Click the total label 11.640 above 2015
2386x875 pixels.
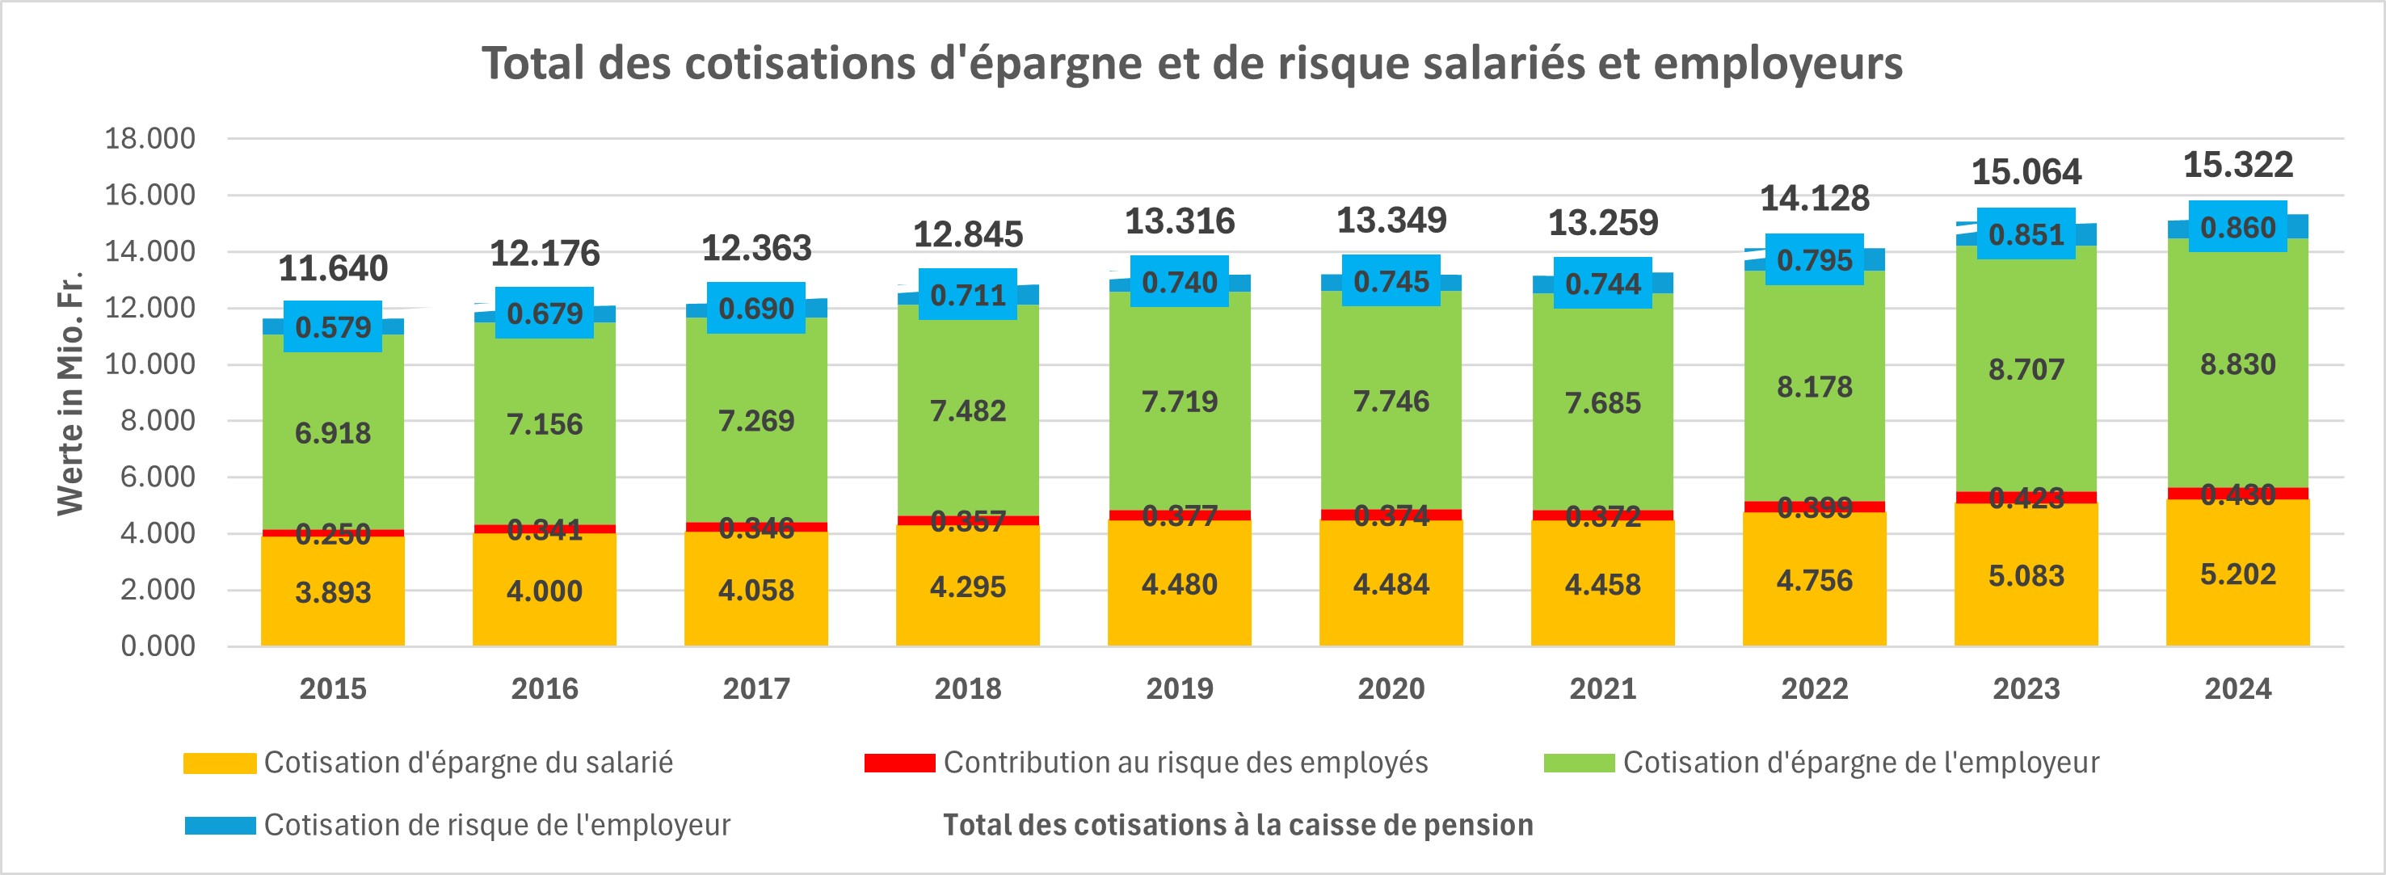[x=333, y=268]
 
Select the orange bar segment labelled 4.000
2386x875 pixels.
[x=544, y=591]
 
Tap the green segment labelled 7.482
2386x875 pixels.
[x=967, y=410]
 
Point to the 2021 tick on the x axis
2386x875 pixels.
[x=1602, y=689]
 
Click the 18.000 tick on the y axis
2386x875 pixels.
[x=150, y=139]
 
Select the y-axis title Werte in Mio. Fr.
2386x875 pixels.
[x=70, y=393]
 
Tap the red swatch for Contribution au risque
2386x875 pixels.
[x=898, y=762]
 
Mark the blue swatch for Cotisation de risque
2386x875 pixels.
[x=220, y=825]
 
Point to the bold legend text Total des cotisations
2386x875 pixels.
[x=1238, y=825]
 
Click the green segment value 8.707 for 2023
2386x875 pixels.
[x=2026, y=369]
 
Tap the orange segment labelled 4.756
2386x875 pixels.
[x=1814, y=581]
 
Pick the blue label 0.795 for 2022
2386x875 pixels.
[x=1814, y=260]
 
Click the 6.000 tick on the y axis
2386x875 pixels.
[x=158, y=477]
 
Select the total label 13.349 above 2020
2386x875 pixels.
[x=1391, y=221]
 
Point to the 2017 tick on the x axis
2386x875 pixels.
[x=755, y=689]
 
